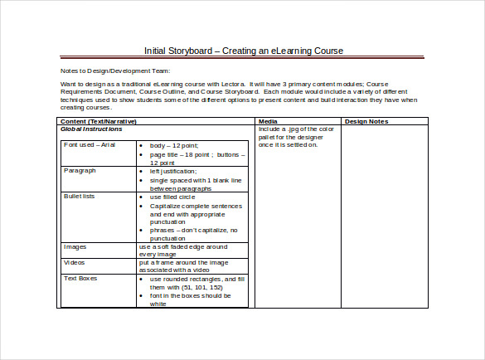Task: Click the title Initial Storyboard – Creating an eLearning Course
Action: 243,51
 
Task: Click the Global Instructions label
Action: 91,129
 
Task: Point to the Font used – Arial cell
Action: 89,144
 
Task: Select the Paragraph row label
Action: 80,170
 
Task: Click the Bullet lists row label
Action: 83,197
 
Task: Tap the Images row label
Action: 76,246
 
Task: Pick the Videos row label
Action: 75,262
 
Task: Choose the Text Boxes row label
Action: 82,279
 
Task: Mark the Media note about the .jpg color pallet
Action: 295,137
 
